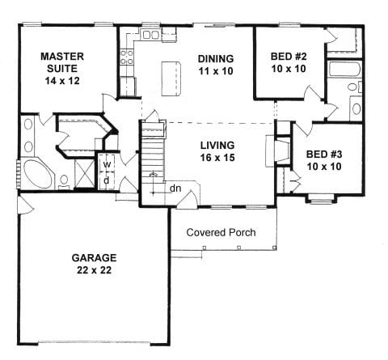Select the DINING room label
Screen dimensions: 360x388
(x=215, y=59)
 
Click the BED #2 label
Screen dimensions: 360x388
(x=289, y=57)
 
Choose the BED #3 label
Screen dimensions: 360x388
(x=323, y=154)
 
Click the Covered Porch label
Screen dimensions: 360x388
(x=221, y=232)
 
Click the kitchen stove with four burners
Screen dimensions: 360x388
(x=127, y=57)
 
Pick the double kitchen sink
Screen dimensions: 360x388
(x=151, y=35)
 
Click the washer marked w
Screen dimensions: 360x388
(x=107, y=163)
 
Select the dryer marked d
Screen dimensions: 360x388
(x=107, y=180)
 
